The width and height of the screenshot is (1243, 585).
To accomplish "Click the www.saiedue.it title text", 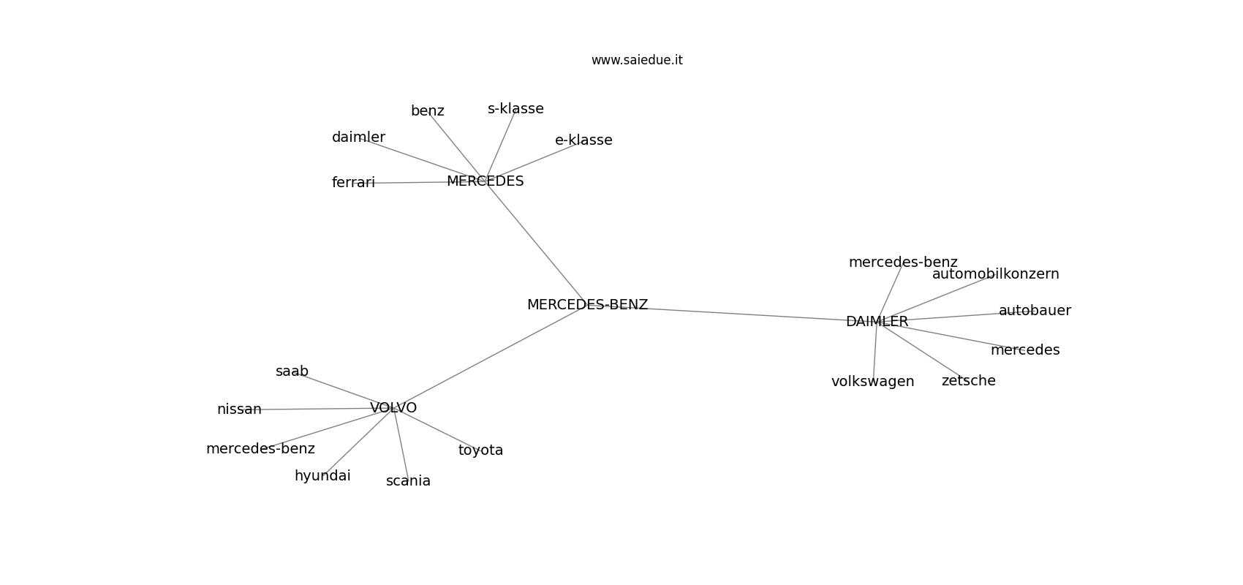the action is [x=637, y=60].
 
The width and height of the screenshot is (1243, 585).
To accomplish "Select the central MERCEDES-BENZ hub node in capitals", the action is [x=588, y=305].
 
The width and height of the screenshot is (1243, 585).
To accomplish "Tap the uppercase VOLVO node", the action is [x=393, y=408].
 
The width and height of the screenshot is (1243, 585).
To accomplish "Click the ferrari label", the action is [x=353, y=183].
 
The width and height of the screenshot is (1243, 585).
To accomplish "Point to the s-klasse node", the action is [x=515, y=109].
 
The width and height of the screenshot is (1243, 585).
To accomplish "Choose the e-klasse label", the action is [x=583, y=140].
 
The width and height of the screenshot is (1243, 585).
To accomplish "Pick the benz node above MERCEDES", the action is [x=428, y=111].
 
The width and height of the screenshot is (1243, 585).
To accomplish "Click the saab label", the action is [x=292, y=371].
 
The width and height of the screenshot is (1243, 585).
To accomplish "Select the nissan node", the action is [x=239, y=409].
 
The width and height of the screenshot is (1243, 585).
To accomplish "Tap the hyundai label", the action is [x=322, y=476].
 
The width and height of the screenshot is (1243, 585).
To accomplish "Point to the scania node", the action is [x=409, y=481].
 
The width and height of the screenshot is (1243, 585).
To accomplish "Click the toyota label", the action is [x=480, y=450].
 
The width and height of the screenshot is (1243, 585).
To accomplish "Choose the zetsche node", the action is [x=969, y=381].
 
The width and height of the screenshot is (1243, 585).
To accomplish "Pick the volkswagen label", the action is [x=873, y=382].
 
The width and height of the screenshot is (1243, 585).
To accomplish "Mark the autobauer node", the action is [x=1035, y=311].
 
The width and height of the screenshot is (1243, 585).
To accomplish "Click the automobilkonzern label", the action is [x=996, y=274].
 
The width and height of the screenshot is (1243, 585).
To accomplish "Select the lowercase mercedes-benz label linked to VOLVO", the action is [x=261, y=449].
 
